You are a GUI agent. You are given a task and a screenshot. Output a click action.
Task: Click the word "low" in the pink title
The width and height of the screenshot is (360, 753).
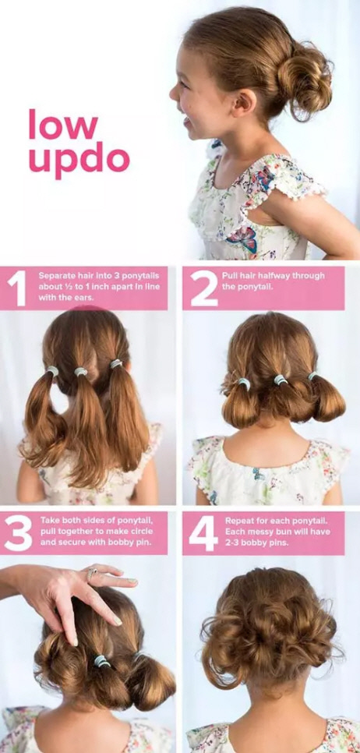pyautogui.click(x=63, y=125)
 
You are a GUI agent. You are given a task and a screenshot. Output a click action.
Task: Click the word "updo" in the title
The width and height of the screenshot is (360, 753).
pyautogui.click(x=79, y=161)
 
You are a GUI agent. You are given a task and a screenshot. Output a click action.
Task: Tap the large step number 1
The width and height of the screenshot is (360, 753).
pyautogui.click(x=18, y=289)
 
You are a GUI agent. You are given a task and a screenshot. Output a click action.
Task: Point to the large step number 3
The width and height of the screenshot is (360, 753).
pyautogui.click(x=18, y=533)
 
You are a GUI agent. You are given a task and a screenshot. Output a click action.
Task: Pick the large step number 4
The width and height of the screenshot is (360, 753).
pyautogui.click(x=203, y=533)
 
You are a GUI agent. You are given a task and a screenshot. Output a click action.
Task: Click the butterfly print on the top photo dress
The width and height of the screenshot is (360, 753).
pyautogui.click(x=243, y=238)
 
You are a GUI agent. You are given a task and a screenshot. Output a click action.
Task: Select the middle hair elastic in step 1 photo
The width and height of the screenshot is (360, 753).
pyautogui.click(x=80, y=371)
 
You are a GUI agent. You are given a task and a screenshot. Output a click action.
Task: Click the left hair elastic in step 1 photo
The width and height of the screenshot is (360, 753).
pyautogui.click(x=52, y=371)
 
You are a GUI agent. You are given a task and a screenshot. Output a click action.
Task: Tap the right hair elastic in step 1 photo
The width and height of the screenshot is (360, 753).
pyautogui.click(x=115, y=364)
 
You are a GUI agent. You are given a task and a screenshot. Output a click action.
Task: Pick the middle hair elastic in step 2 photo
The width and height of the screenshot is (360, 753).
pyautogui.click(x=281, y=380)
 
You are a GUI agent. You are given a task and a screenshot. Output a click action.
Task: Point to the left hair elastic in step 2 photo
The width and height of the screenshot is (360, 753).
pyautogui.click(x=245, y=384)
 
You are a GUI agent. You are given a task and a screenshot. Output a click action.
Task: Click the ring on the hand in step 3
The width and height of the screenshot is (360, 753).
pyautogui.click(x=92, y=573)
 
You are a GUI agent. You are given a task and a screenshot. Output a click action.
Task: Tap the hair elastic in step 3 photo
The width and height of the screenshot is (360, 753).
pyautogui.click(x=102, y=661)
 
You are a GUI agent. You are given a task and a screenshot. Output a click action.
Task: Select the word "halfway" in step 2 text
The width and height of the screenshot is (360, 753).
pyautogui.click(x=283, y=276)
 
